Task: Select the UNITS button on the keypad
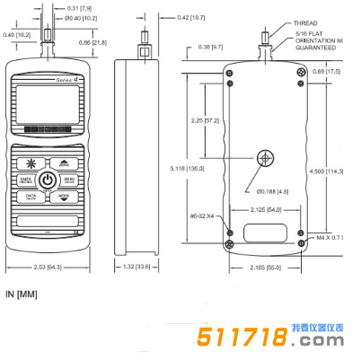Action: (x=28, y=180)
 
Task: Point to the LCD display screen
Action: (x=49, y=104)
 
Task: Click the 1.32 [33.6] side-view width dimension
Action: (x=140, y=267)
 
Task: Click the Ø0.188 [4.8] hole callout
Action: (x=271, y=191)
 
